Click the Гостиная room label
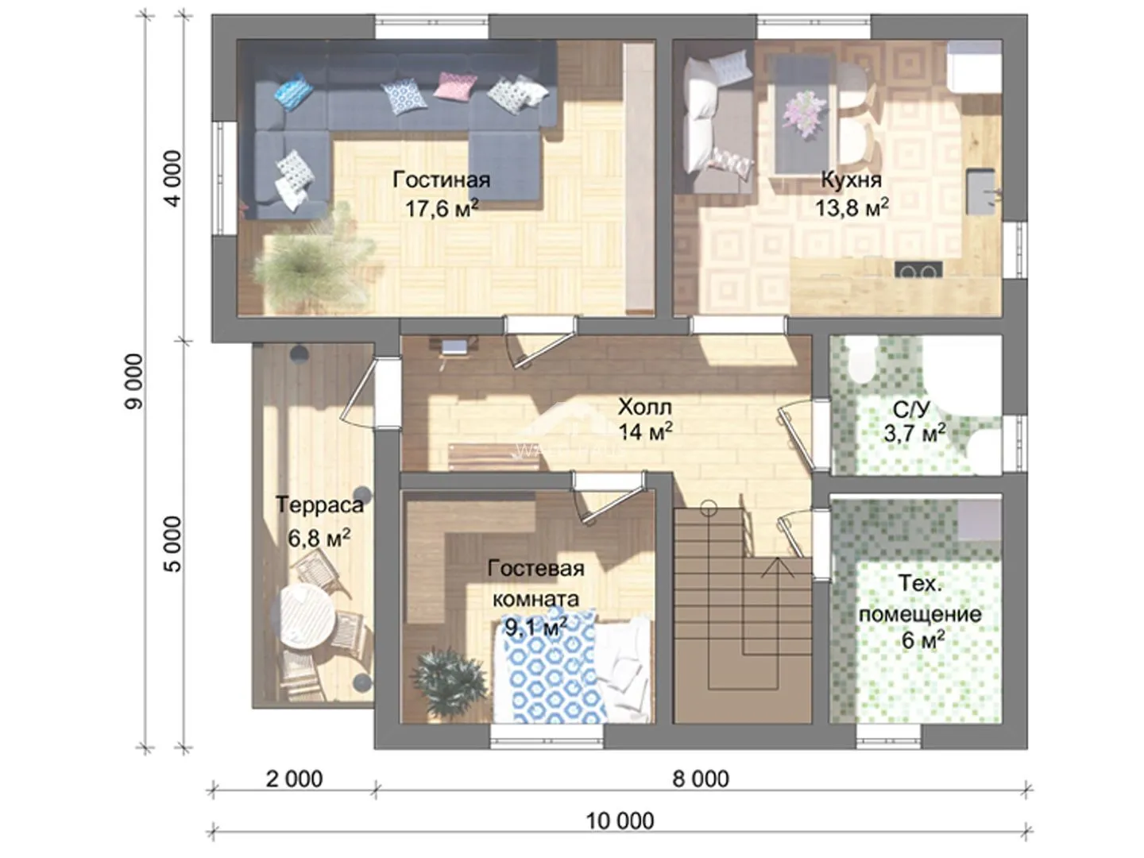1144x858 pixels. click(x=442, y=180)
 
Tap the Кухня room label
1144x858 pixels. click(x=851, y=180)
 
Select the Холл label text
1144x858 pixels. click(x=645, y=407)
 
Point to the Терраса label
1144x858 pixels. click(x=319, y=504)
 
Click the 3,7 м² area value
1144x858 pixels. click(x=914, y=432)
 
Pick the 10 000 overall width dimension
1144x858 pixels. click(x=620, y=821)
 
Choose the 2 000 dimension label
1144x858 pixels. click(x=295, y=779)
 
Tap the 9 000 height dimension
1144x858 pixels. click(x=134, y=382)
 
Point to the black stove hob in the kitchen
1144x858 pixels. click(x=918, y=270)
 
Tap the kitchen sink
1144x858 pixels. click(x=980, y=191)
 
